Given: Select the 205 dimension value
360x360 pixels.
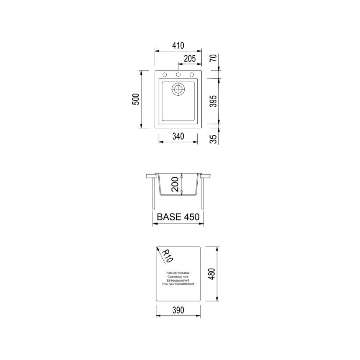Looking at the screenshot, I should coord(189,59).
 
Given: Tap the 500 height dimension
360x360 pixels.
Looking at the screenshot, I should coord(136,99).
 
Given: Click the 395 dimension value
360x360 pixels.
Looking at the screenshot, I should coord(213,101).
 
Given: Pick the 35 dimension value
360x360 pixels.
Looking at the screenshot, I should coord(213,139).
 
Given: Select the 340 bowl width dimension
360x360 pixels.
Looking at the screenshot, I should coord(178,136).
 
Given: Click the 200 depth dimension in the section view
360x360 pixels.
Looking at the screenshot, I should coord(174,184).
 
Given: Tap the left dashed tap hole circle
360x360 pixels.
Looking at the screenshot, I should coord(165,74).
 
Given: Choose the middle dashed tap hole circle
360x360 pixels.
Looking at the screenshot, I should coord(178,74).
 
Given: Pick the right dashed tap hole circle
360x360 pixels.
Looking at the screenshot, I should coord(192,74).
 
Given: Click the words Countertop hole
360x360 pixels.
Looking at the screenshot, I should coord(178,277).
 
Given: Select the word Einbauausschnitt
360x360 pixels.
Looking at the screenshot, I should coord(178,280).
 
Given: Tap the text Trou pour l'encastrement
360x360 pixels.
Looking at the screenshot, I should coord(178,284).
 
